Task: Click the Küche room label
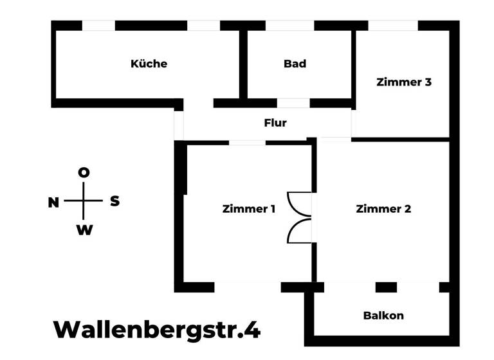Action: coord(149,64)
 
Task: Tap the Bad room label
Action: coord(295,64)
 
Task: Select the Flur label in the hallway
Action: coord(275,122)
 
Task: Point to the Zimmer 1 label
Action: coord(249,209)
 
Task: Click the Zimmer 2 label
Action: coord(383,209)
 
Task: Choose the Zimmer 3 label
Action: coord(404,82)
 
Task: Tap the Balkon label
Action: coord(383,315)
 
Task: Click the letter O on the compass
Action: coord(84,172)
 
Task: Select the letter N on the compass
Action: coord(53,203)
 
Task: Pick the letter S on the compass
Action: coord(114,201)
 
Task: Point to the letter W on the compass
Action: coord(84,230)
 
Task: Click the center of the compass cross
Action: coord(84,201)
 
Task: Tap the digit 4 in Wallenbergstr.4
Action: coord(253,330)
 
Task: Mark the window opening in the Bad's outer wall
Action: coord(289,26)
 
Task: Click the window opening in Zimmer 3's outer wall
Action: coord(392,26)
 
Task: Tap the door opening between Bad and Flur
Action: coord(293,103)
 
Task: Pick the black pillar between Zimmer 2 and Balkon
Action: coord(386,287)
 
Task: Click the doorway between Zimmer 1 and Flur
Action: coord(247,142)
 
